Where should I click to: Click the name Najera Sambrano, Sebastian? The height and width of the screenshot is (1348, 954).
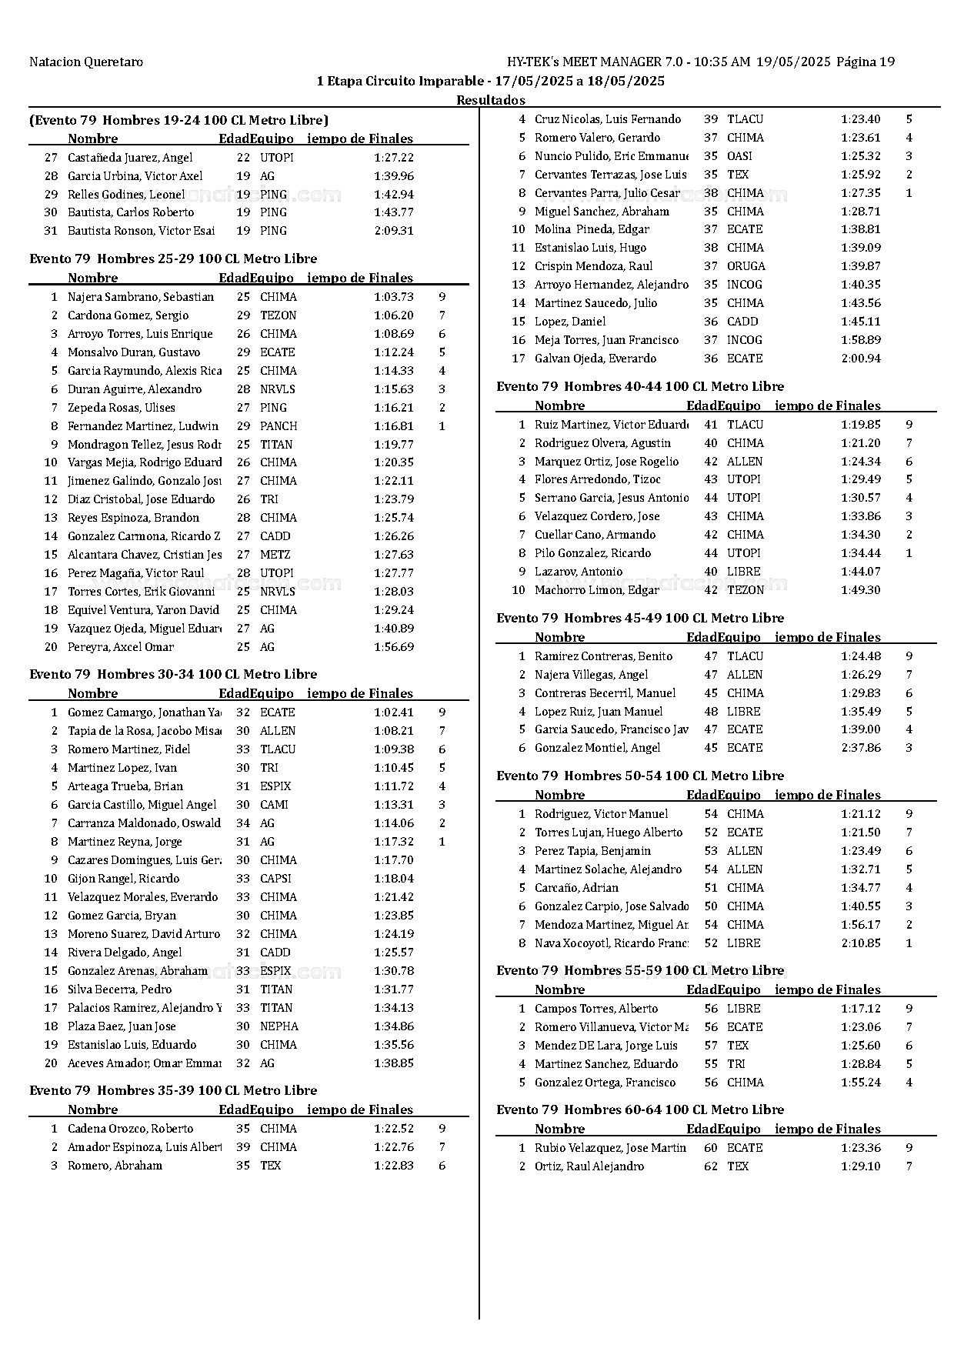140,297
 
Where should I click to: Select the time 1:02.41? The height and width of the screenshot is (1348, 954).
394,712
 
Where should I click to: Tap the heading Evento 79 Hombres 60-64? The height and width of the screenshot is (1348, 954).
640,1109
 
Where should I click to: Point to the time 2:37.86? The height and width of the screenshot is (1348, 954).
861,748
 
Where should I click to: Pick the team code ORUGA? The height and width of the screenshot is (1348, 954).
746,266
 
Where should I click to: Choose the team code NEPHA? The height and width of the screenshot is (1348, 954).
279,1026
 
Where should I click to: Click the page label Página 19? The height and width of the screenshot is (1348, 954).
866,62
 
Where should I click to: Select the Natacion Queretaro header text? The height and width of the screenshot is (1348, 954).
86,62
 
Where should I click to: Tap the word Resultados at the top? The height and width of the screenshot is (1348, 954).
491,100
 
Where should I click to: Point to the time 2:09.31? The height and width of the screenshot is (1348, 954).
394,231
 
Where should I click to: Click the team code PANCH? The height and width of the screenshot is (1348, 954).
279,426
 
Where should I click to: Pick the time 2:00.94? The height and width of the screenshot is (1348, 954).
861,359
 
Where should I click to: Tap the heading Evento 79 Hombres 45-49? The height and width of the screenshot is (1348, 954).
640,618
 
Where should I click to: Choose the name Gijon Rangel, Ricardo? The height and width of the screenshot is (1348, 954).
123,879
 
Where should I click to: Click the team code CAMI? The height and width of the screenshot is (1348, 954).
274,805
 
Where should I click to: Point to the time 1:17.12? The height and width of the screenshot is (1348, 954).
861,1009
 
